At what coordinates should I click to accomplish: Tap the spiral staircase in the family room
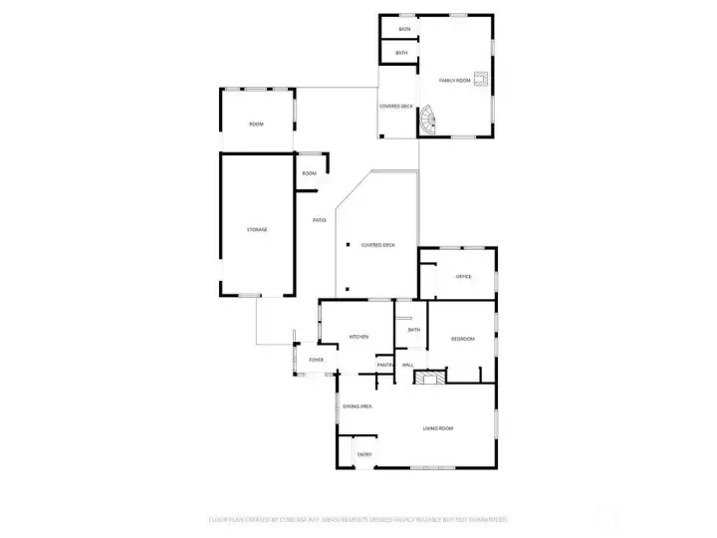pos(428,122)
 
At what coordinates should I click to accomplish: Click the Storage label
pos(257,230)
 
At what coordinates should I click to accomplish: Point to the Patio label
pos(320,219)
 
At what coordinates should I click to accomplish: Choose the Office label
pos(463,276)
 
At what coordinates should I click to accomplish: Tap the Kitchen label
pos(358,337)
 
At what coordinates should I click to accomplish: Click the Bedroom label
pos(463,339)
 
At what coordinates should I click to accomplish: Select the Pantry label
pos(385,365)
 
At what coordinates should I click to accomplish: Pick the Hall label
pos(406,365)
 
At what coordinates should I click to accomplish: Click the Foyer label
pos(317,359)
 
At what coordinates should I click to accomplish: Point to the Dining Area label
pos(358,406)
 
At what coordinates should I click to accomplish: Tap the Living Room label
pos(438,428)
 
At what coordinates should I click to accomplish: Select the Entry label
pos(364,455)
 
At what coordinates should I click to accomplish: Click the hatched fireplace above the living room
pos(431,379)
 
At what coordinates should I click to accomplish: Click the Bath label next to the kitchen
pos(414,330)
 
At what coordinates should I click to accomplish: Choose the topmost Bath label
pos(404,29)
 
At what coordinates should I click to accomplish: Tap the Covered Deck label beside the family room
pos(396,106)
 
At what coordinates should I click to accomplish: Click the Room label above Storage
pos(256,124)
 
